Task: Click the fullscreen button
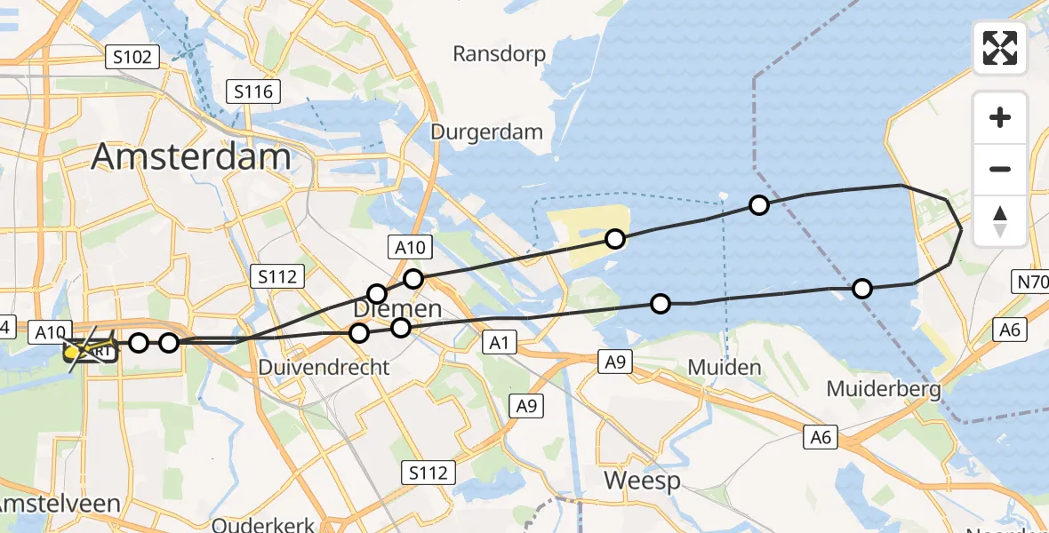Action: (1000, 48)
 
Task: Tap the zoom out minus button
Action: (1000, 169)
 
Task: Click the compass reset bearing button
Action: (1000, 221)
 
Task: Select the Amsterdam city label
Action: (191, 157)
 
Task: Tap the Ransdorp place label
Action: (499, 53)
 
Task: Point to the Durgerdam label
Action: (486, 132)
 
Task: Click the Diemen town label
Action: (397, 309)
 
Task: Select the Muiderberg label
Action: (884, 388)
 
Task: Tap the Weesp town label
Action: (642, 481)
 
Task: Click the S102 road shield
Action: (132, 58)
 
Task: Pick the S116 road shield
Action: (253, 91)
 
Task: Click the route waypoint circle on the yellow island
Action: (615, 238)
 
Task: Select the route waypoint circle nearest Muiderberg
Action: (861, 288)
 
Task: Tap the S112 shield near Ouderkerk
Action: (428, 472)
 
